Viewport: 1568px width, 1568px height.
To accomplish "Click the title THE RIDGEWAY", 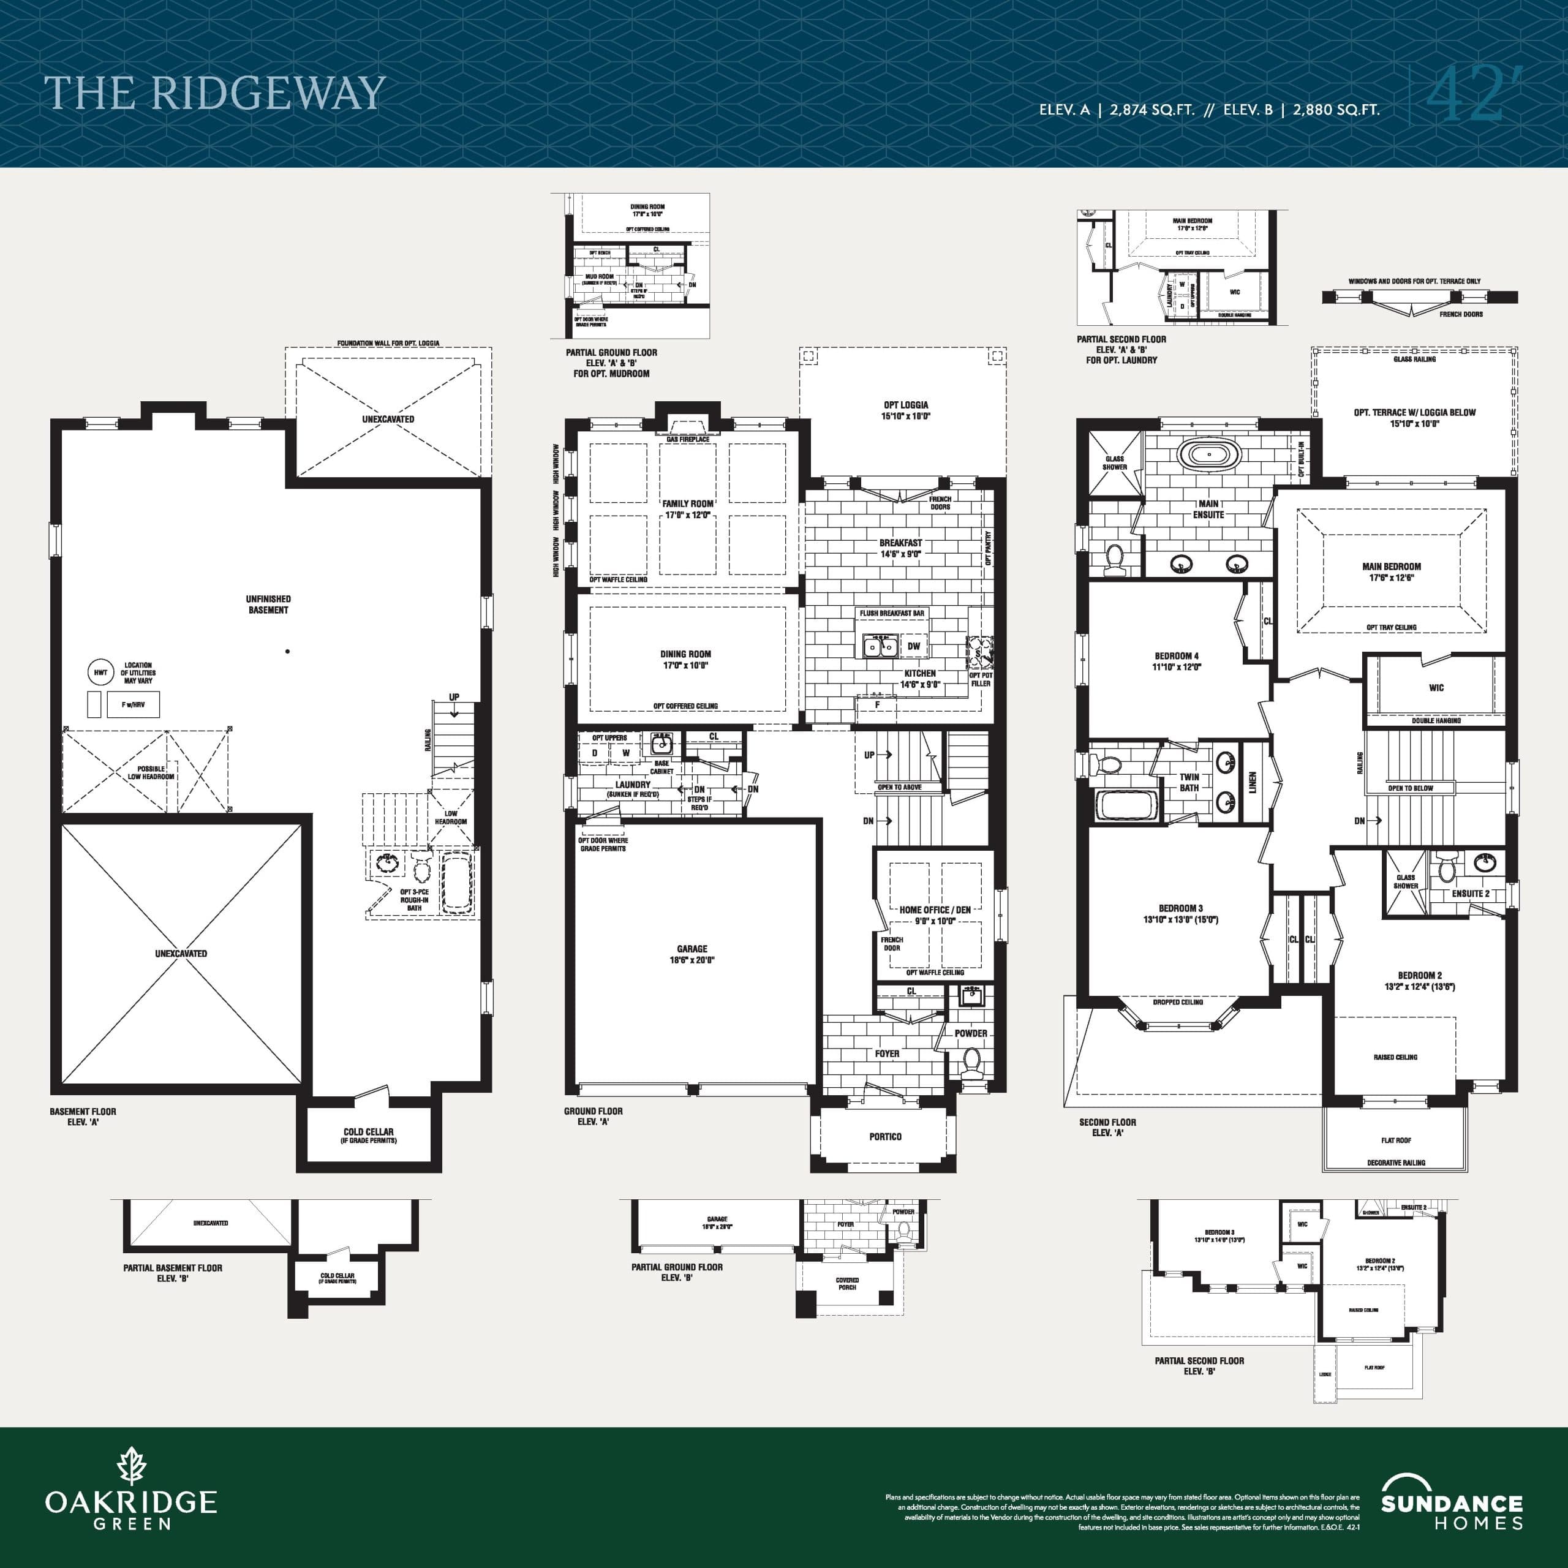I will tap(214, 93).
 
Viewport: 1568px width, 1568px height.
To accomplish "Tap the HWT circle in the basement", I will tap(100, 672).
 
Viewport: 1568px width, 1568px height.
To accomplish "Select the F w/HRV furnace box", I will tap(133, 704).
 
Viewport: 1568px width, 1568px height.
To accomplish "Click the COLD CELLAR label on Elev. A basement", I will tap(369, 1134).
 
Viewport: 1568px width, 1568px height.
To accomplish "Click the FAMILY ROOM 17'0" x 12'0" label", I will tap(687, 509).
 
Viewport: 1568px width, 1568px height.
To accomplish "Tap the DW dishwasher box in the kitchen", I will tap(914, 646).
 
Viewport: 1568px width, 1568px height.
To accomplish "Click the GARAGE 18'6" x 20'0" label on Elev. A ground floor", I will tap(692, 954).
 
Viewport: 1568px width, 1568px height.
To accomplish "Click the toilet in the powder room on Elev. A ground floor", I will tap(971, 1061).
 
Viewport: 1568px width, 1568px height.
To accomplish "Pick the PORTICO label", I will tap(884, 1136).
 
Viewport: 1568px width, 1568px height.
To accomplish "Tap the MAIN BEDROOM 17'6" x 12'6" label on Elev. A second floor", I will tap(1391, 572).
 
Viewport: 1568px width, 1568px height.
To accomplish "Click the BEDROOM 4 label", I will tap(1176, 661).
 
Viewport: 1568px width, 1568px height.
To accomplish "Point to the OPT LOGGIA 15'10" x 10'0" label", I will tap(906, 410).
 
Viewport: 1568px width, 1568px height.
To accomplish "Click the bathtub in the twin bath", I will tap(1124, 805).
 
